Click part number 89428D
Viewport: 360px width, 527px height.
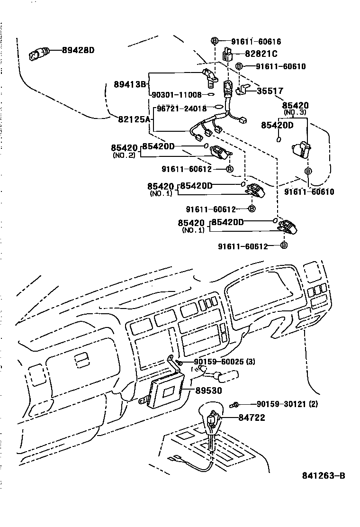click(78, 50)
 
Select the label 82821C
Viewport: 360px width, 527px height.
click(261, 54)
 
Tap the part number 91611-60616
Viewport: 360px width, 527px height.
click(262, 41)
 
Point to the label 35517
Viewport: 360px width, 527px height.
click(270, 91)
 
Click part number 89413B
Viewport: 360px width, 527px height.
click(129, 84)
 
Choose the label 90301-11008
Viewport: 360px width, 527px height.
click(177, 95)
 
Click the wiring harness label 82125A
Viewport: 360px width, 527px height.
click(134, 119)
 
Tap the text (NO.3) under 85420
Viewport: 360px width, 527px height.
click(295, 112)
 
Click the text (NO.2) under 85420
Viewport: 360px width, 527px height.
click(124, 155)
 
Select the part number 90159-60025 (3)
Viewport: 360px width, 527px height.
click(225, 362)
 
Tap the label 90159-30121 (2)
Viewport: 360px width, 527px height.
click(287, 404)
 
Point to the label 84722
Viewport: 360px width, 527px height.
click(252, 418)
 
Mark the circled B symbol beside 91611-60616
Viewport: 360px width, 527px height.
click(214, 41)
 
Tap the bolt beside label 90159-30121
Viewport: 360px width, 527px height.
click(235, 405)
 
